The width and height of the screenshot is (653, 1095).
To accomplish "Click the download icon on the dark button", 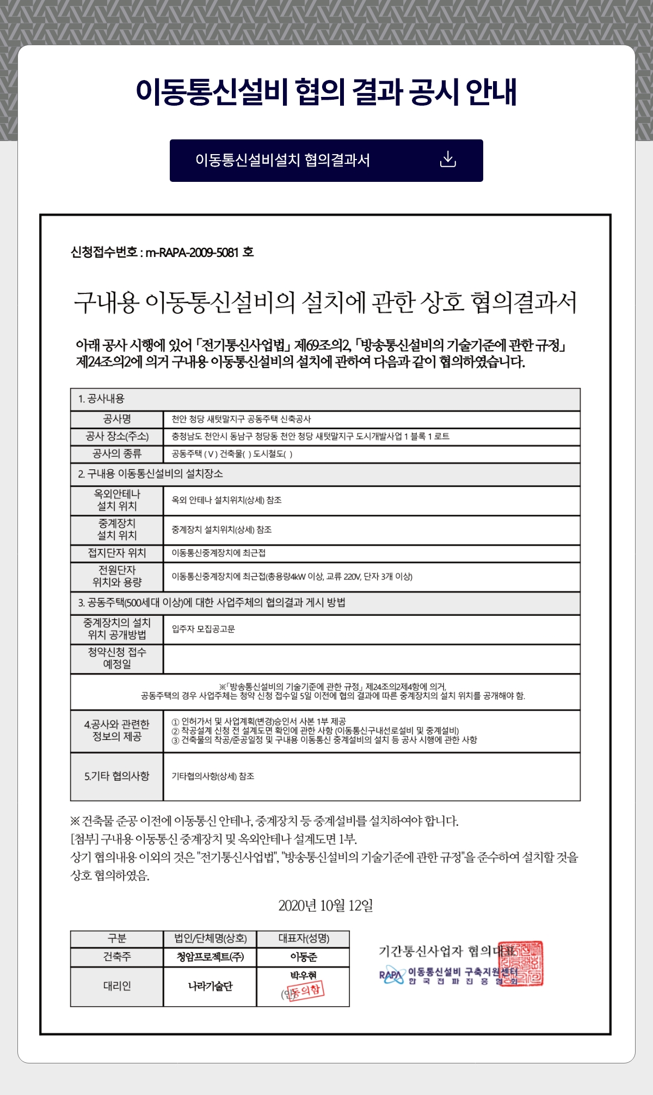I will coord(447,160).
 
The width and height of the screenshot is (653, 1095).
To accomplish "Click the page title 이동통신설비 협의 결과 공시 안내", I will coord(326,91).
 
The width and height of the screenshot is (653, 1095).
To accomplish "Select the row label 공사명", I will coord(117,419).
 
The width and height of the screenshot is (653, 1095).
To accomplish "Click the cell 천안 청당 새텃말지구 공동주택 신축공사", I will coord(241,419).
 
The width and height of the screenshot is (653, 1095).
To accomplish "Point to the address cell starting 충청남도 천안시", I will coord(310,437).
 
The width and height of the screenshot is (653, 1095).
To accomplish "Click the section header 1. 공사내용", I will coord(101,399).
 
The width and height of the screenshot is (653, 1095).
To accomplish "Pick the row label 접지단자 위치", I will coord(117,553).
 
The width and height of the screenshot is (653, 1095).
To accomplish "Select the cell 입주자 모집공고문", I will coord(204,629).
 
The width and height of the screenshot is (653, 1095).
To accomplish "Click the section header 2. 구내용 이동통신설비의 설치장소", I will coord(150,474).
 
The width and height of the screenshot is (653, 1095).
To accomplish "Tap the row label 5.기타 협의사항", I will coord(117,776).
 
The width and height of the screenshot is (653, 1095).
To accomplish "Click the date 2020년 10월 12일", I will coord(325,906).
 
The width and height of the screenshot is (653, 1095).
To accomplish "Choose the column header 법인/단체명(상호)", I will coord(210,939).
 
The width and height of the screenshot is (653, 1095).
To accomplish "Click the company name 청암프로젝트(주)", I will coord(210,957).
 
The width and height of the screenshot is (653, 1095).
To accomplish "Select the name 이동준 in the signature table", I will coord(303,957).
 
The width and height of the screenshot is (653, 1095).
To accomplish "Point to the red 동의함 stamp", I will coord(305,990).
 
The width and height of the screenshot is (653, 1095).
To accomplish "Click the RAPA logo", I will coord(391,976).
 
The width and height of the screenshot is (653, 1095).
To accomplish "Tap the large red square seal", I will coord(521,964).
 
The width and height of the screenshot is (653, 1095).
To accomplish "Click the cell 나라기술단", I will coord(210,987).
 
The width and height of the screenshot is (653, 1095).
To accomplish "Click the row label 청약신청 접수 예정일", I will coord(117,658).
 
